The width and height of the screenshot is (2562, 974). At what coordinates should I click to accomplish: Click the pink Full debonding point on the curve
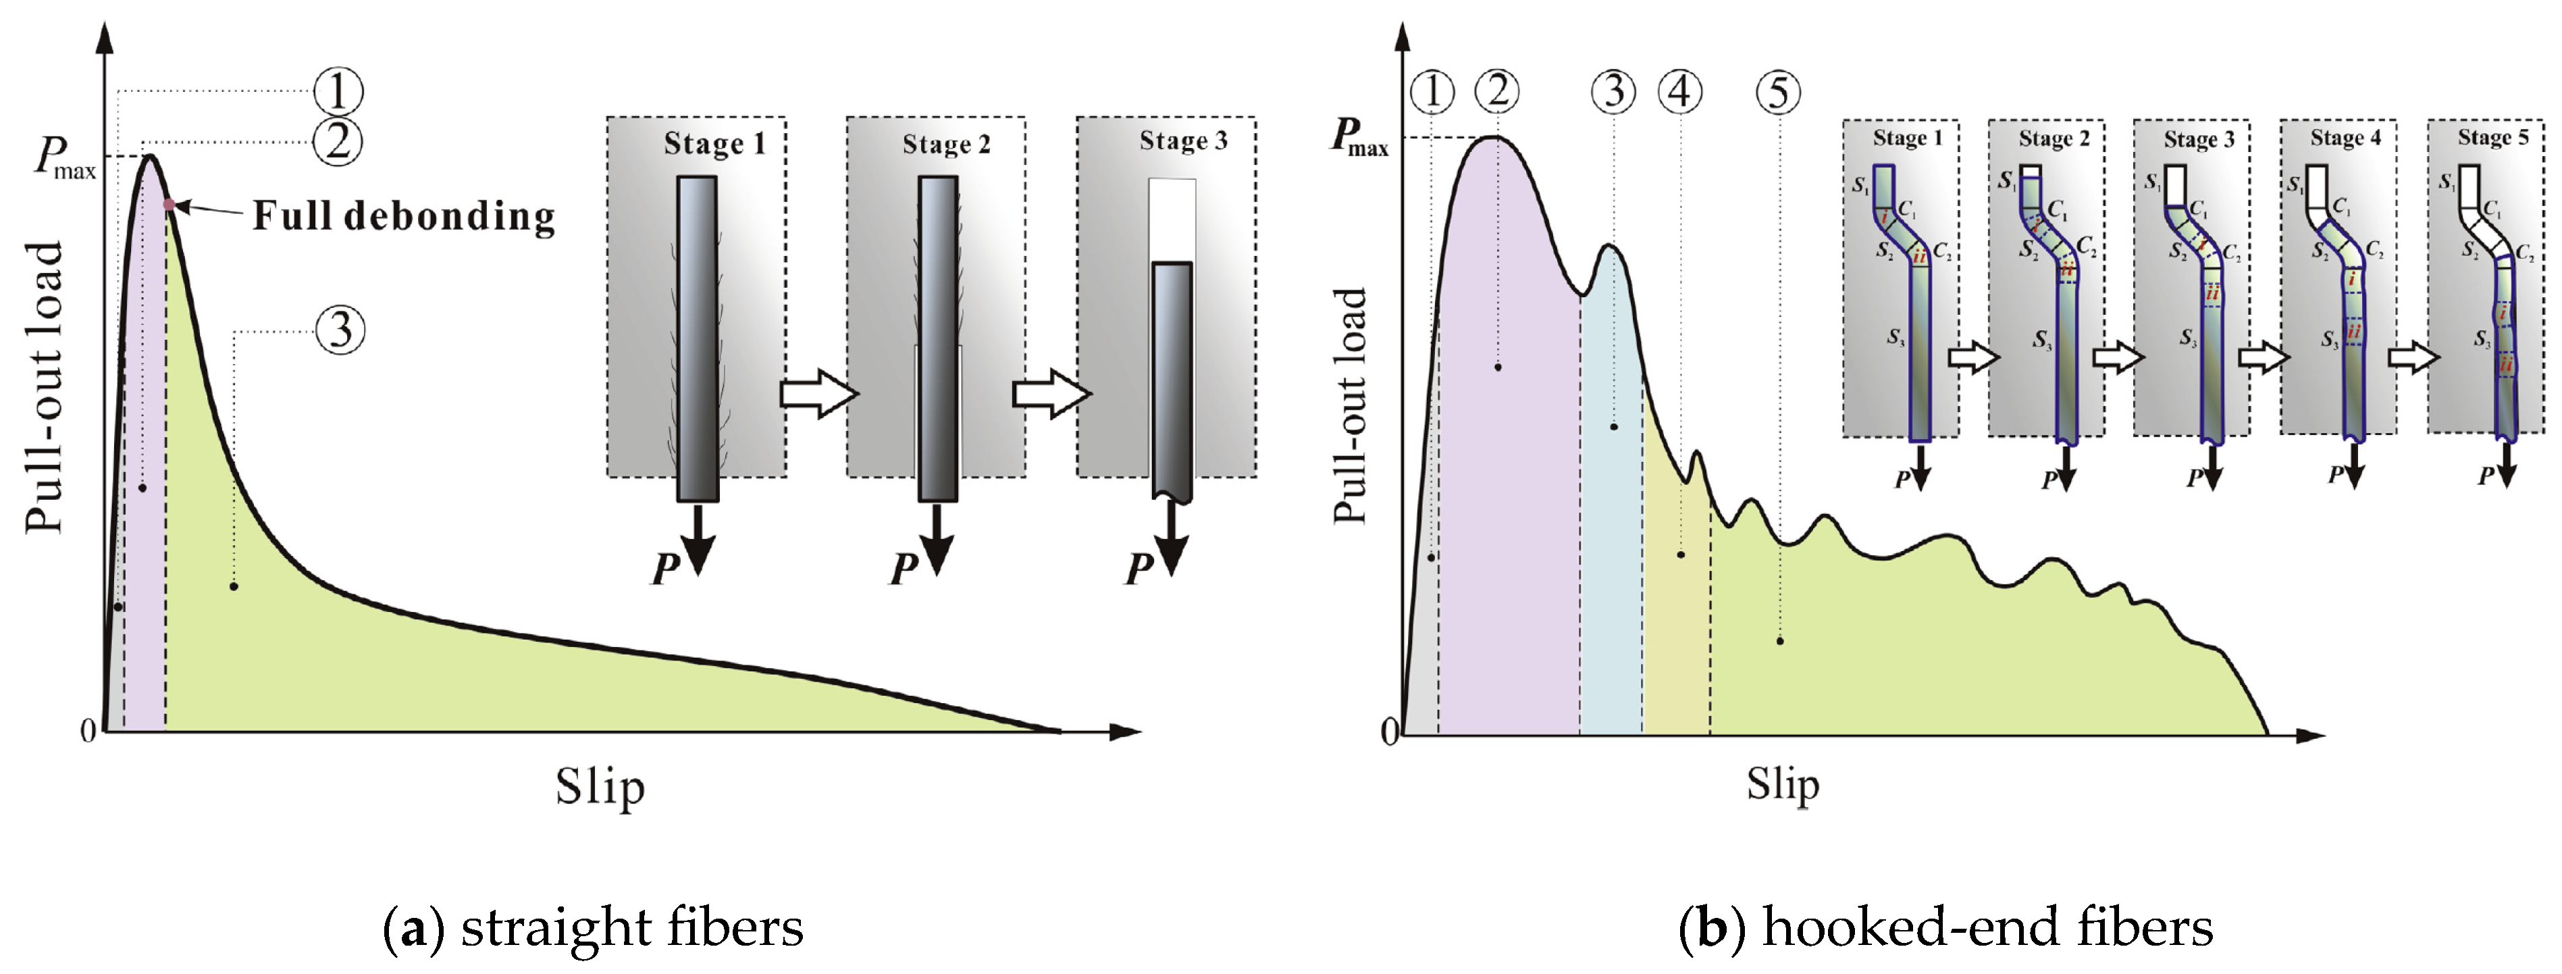pos(168,205)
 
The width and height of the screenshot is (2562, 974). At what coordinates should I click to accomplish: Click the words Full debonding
pos(402,216)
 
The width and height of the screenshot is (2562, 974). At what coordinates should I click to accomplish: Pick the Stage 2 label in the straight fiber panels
pos(946,145)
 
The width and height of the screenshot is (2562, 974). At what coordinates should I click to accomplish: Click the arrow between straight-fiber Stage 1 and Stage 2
pos(818,394)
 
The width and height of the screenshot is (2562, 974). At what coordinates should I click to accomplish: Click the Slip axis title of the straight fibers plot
pos(600,788)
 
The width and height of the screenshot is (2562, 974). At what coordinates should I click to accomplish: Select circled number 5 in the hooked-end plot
pos(1778,92)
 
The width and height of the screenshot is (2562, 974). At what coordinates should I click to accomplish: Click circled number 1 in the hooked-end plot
pos(1432,92)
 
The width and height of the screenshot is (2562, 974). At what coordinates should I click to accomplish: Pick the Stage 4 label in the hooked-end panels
pos(2345,138)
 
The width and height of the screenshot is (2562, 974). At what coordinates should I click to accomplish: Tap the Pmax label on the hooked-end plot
pos(1359,137)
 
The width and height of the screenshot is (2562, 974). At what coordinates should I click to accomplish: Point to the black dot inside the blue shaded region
pos(1613,427)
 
